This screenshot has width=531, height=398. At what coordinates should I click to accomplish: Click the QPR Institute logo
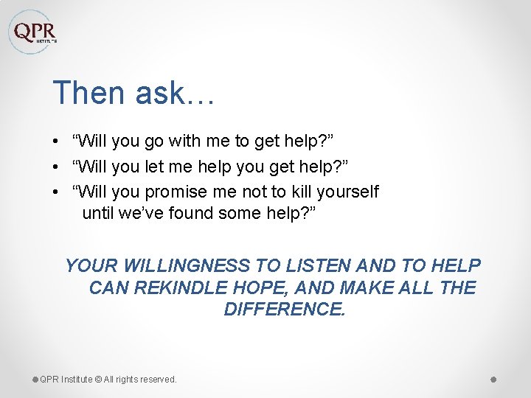pos(33,32)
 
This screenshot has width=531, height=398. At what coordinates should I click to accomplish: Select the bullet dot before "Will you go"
pos(56,141)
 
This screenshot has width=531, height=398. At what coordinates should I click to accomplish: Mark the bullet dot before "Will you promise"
pos(56,192)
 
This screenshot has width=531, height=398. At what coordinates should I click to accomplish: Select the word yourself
pos(347,192)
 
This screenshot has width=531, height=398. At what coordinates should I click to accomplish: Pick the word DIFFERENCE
pos(284,310)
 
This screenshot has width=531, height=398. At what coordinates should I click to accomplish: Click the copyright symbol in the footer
pos(98,380)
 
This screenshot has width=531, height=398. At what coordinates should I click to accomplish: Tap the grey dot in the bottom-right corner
pos(493,379)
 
